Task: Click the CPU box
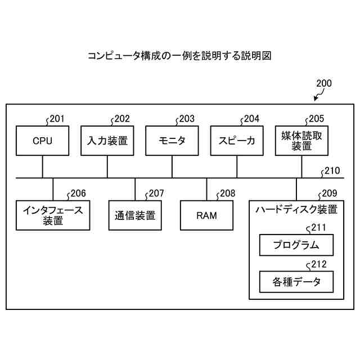(x=42, y=141)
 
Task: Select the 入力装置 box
(x=107, y=141)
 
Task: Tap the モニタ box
(x=172, y=141)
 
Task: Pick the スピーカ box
(x=237, y=141)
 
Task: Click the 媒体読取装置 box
(x=302, y=141)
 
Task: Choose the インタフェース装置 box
(x=53, y=215)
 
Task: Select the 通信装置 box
(x=135, y=215)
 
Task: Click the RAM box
(x=206, y=215)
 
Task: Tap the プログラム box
(x=296, y=245)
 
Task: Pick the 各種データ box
(x=296, y=282)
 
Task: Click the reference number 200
(x=323, y=84)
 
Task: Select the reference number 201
(x=57, y=119)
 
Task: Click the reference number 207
(x=156, y=193)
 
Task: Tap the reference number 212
(x=318, y=264)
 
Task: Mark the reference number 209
(x=329, y=193)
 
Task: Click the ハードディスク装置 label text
(x=296, y=210)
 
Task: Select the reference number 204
(x=251, y=119)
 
